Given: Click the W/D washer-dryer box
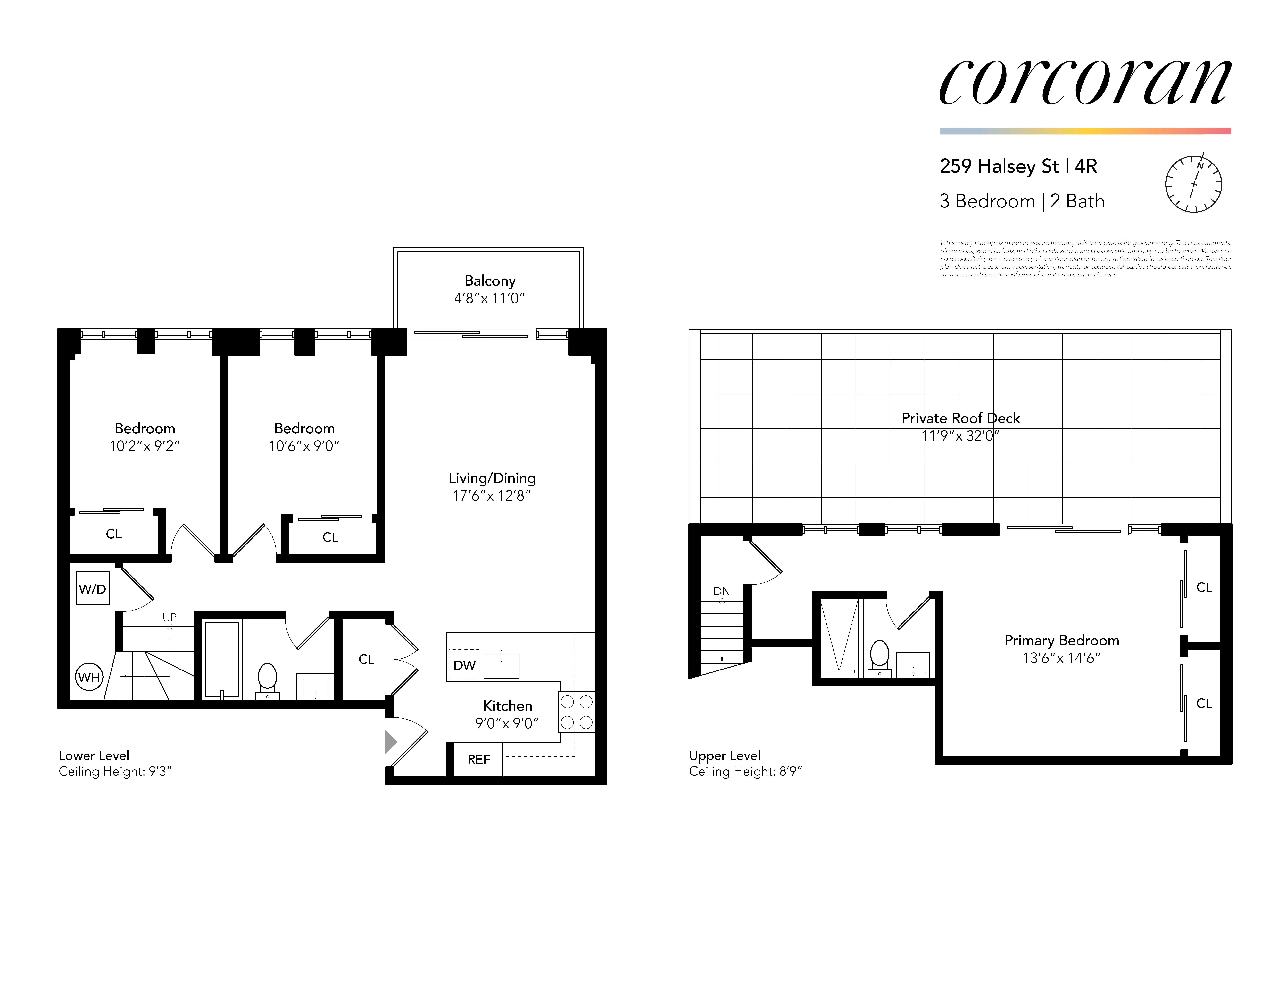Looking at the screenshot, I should pyautogui.click(x=93, y=588).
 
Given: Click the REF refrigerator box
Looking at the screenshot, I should pyautogui.click(x=478, y=759).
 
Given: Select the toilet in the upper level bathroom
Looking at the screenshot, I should pyautogui.click(x=880, y=656).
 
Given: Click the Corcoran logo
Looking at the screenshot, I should pyautogui.click(x=1085, y=82).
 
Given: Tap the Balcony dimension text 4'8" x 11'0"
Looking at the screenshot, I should pyautogui.click(x=489, y=298).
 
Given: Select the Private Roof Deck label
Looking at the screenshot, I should pyautogui.click(x=960, y=418).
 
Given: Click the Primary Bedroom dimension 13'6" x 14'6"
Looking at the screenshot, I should pyautogui.click(x=1061, y=658).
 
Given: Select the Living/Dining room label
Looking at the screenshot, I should pyautogui.click(x=492, y=478).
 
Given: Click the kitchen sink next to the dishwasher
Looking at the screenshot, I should pyautogui.click(x=502, y=665).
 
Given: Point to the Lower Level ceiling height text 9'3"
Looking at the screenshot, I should pyautogui.click(x=115, y=772).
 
